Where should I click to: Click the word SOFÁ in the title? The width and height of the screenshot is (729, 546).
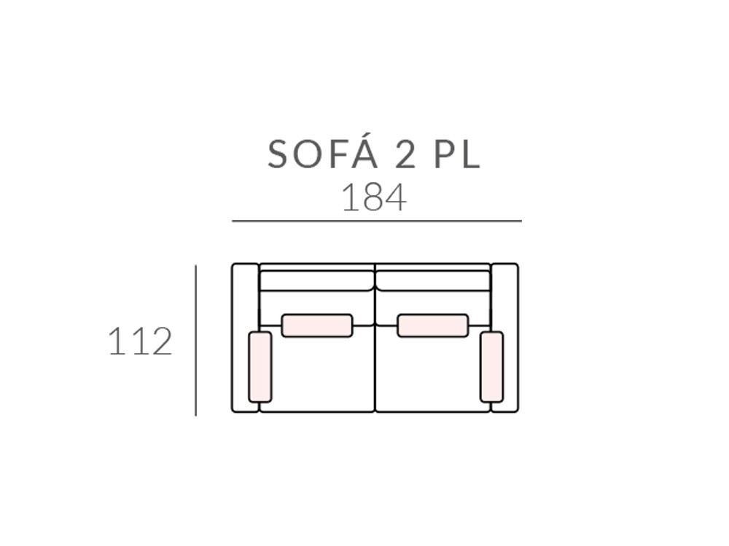click(323, 154)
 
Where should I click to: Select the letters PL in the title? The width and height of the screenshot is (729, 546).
click(457, 154)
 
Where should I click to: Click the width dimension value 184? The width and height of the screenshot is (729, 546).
click(374, 198)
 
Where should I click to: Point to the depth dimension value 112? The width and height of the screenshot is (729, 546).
click(140, 341)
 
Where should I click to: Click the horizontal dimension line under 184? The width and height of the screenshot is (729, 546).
click(377, 221)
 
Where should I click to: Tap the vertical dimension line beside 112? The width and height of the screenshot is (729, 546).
click(195, 340)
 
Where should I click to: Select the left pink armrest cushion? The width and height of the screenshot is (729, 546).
click(260, 367)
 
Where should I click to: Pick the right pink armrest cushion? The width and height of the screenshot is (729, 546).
click(491, 367)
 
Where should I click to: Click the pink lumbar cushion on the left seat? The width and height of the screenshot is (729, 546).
click(317, 325)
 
